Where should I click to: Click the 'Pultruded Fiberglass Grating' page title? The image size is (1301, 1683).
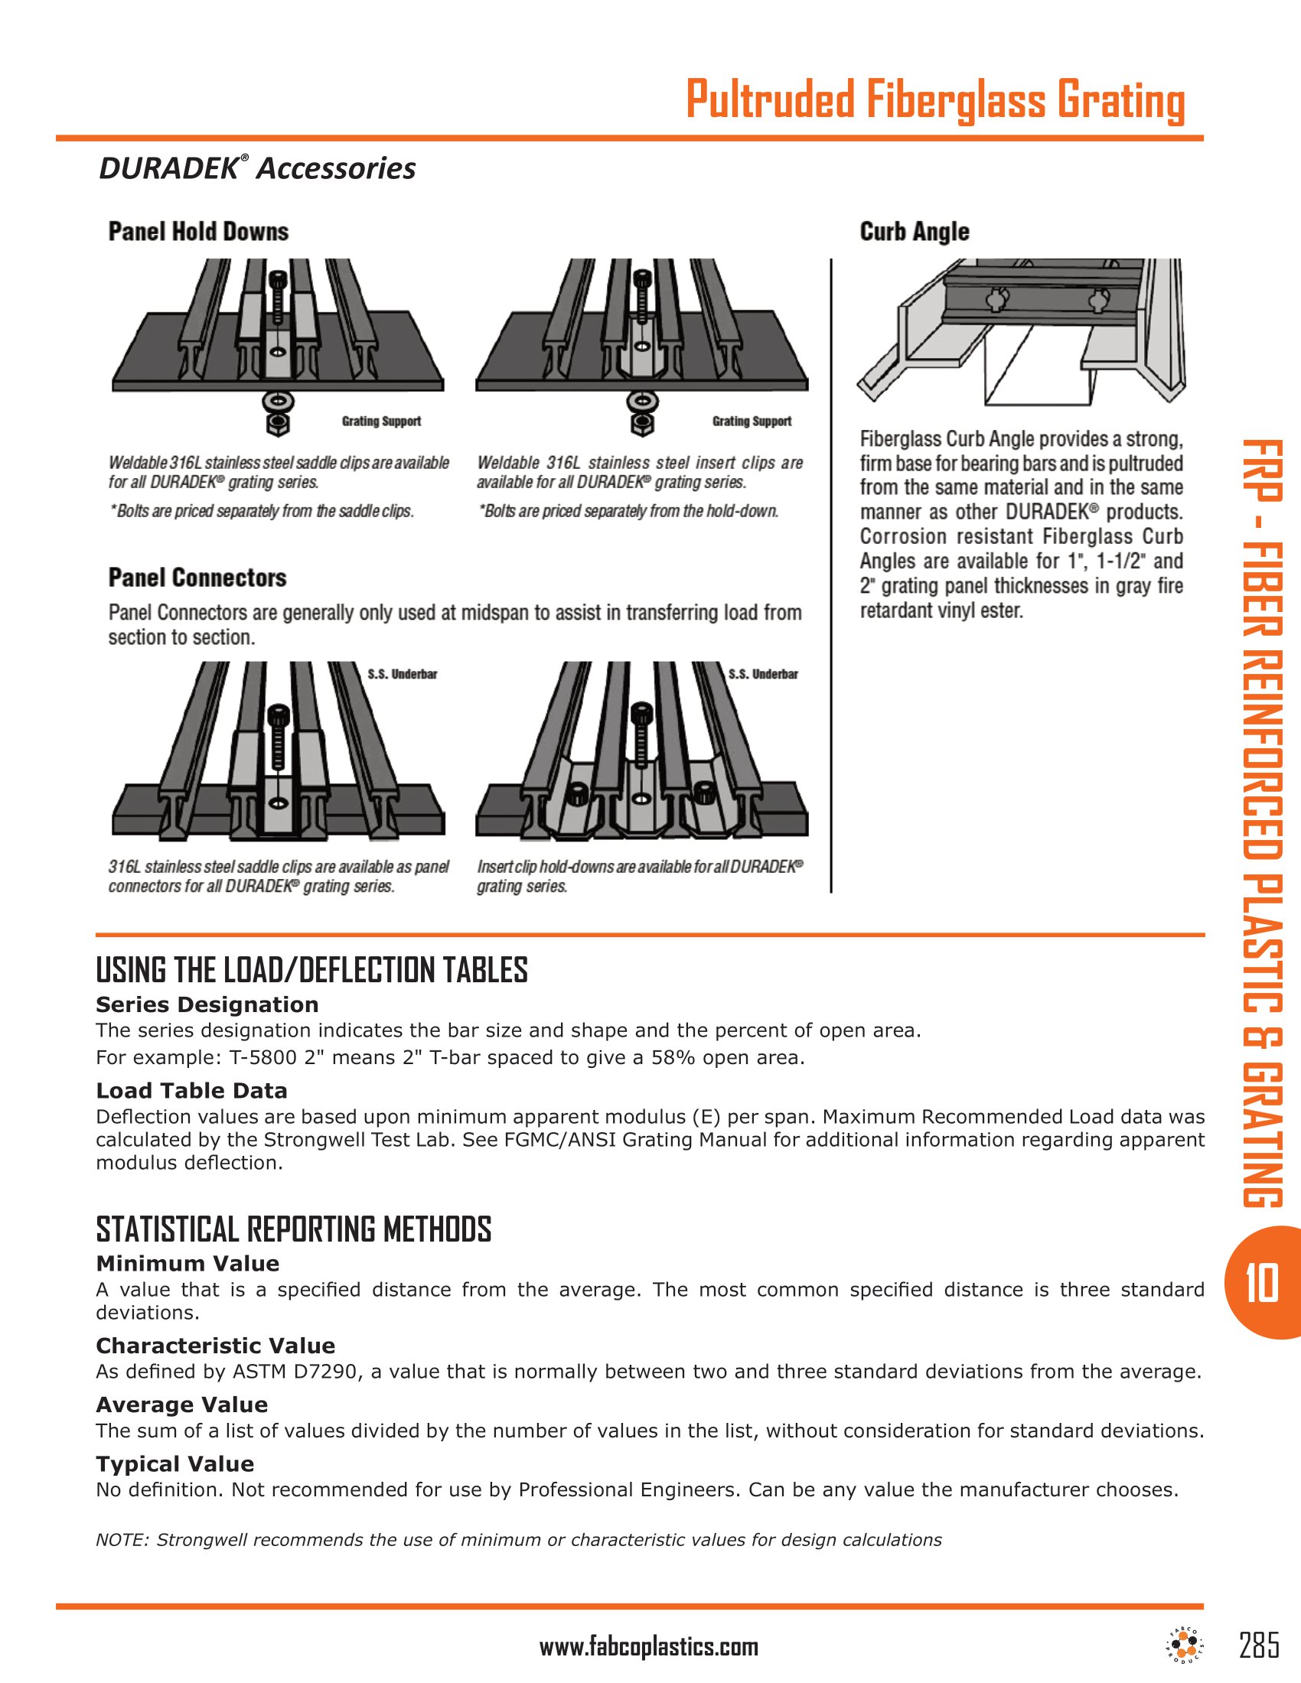coord(935,100)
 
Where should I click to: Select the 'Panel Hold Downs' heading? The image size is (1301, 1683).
coord(198,231)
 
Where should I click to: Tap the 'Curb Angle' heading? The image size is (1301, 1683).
coord(914,231)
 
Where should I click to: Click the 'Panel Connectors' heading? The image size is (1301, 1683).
coord(197,577)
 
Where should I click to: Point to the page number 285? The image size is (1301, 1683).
coord(1259,1646)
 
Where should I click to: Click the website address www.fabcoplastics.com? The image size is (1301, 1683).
coord(649,1647)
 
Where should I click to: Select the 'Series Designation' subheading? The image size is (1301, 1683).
coord(207,1004)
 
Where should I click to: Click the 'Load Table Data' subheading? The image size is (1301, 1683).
coord(191,1090)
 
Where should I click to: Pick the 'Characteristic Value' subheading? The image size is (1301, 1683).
coord(215,1346)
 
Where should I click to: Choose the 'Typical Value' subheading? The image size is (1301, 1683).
coord(174,1463)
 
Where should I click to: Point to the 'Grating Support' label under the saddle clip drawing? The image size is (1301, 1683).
coord(382,421)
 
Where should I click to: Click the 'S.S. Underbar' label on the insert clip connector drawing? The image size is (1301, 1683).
coord(763,674)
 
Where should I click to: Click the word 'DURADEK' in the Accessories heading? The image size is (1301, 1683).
coord(168,168)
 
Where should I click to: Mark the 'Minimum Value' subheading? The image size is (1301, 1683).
coord(187,1263)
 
